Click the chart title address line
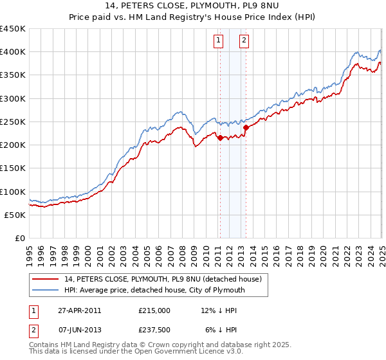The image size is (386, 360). [x=193, y=6]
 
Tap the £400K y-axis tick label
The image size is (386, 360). [x=12, y=52]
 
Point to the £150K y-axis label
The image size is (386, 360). [x=12, y=168]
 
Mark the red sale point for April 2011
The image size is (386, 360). [x=220, y=138]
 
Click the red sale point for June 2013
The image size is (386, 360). [x=246, y=127]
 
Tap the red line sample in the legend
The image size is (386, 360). [x=47, y=279]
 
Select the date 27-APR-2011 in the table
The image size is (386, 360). [x=79, y=310]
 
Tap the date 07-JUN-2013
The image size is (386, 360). [x=79, y=329]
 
